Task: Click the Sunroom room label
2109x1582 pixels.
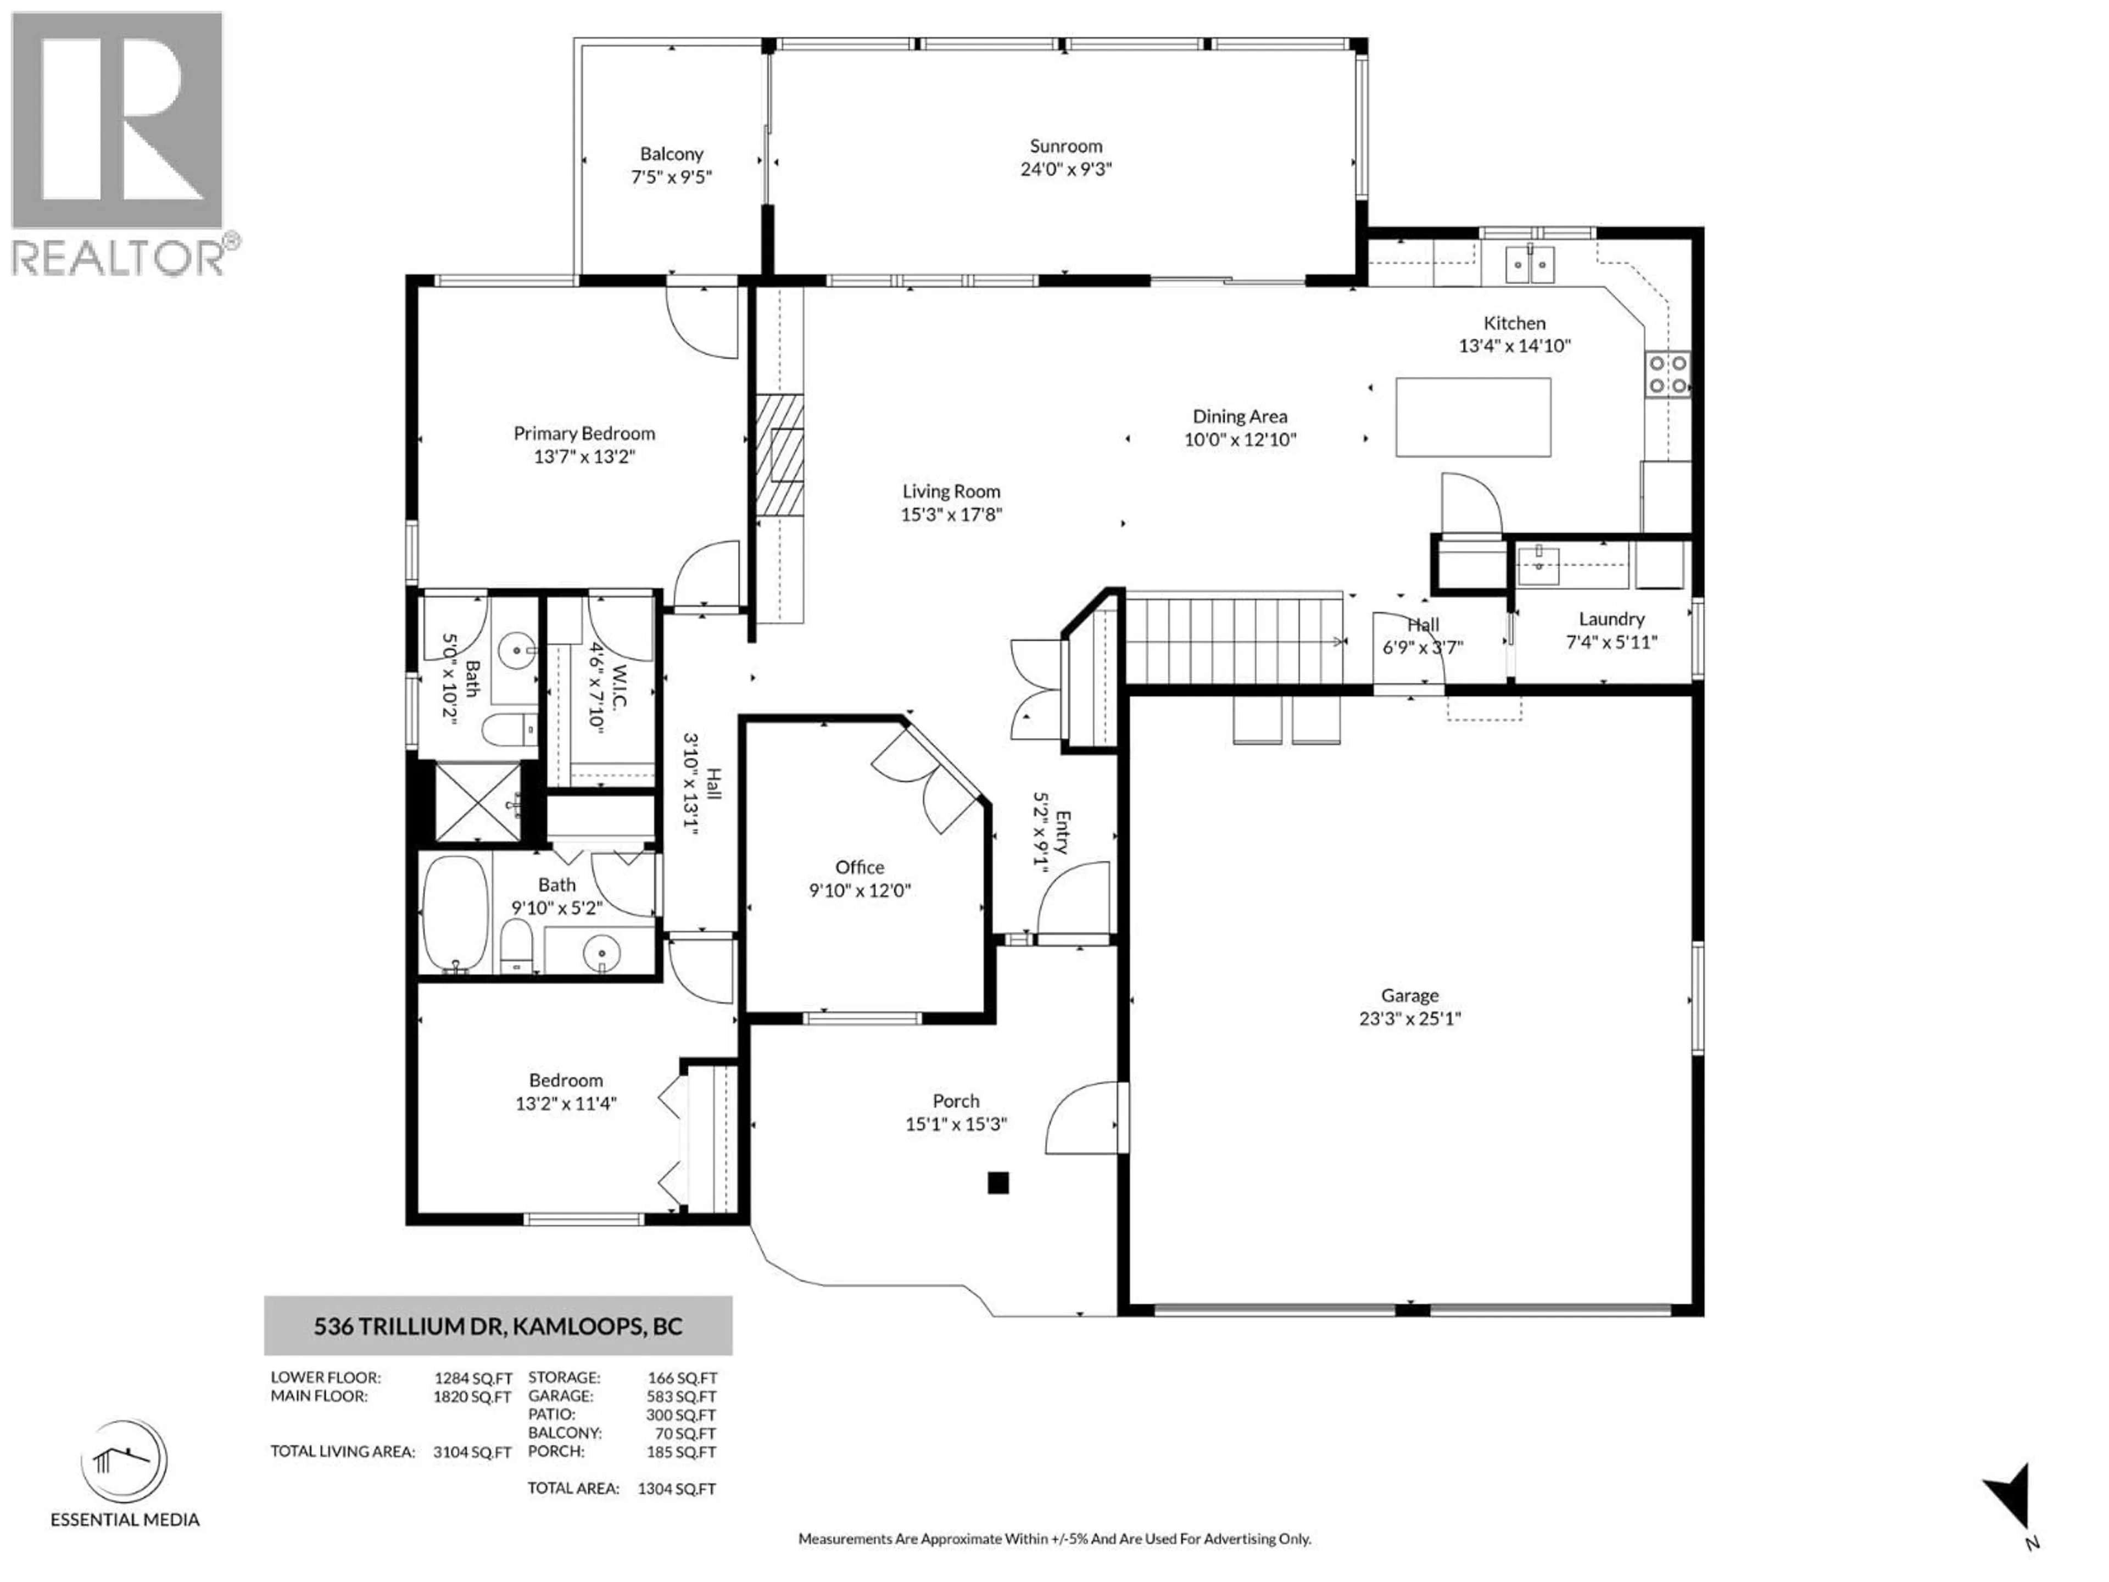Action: pos(1065,146)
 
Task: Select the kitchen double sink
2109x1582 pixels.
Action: pos(1530,264)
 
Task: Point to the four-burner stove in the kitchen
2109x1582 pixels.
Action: pos(1667,374)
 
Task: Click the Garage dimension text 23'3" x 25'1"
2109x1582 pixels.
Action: pos(1409,1018)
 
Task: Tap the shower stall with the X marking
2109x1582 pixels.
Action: pos(478,802)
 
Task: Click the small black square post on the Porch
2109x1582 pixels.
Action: pos(997,1183)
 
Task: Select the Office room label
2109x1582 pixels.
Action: pos(859,867)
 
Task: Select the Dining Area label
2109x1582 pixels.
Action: pos(1240,416)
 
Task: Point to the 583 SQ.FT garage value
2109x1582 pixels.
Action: pos(680,1396)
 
